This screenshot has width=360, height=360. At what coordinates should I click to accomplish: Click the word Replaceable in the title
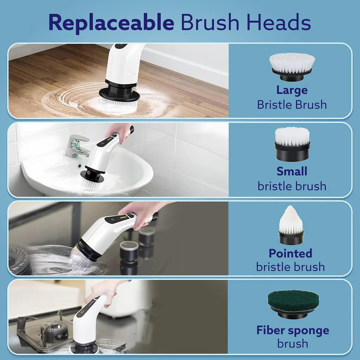point(111,23)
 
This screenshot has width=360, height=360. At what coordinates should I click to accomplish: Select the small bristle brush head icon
point(292,144)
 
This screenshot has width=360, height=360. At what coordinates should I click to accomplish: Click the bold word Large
point(292,90)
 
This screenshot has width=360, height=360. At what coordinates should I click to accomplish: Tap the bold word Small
point(292,171)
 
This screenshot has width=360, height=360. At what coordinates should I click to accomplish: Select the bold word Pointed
point(290,253)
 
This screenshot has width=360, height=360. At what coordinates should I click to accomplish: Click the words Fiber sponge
point(292,331)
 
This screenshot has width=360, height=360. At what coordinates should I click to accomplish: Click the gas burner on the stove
point(54,329)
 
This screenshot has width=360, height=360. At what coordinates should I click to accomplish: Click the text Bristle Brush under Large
point(292,105)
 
